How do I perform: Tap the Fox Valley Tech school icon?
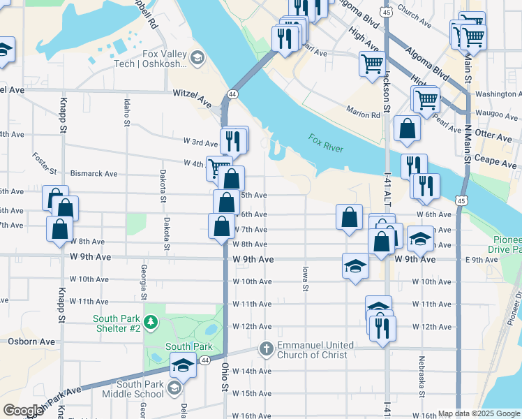197,57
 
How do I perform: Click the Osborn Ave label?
31,341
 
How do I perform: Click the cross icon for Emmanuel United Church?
266,348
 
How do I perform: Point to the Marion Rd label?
362,112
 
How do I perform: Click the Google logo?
23,411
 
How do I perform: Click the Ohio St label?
225,376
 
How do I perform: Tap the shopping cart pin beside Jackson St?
372,64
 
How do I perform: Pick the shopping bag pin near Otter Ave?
407,129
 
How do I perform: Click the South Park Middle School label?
141,389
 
